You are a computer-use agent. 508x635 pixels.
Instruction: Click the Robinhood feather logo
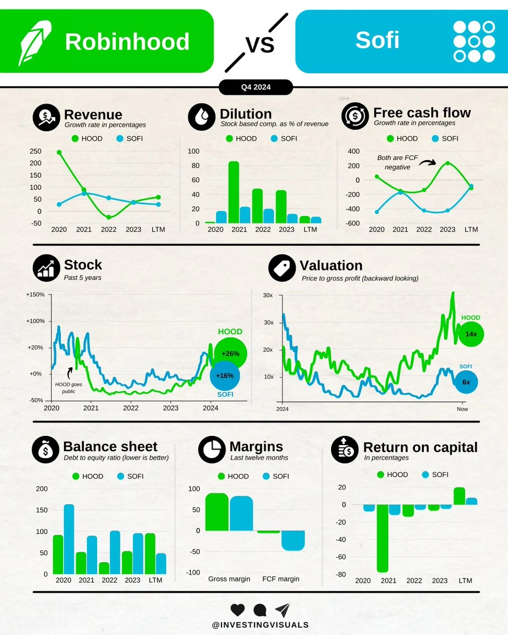(35, 42)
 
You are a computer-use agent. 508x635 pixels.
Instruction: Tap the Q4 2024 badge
(255, 87)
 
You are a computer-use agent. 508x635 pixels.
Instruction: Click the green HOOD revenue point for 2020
(59, 152)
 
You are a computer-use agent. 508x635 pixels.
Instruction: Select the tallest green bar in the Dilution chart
(234, 192)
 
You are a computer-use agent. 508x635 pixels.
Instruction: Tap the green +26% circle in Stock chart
(230, 353)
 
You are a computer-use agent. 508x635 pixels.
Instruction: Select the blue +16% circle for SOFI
(225, 375)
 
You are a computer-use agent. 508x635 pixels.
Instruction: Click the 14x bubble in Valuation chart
(471, 334)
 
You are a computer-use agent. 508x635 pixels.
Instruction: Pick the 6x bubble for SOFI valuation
(466, 382)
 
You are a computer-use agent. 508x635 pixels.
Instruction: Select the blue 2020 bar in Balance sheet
(69, 539)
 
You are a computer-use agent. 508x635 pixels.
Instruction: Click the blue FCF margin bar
(293, 540)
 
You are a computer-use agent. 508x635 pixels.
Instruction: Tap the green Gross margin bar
(217, 512)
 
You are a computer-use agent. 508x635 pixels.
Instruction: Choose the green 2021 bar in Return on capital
(382, 538)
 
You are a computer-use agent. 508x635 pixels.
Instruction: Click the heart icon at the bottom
(238, 610)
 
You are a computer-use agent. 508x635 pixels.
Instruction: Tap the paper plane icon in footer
(282, 610)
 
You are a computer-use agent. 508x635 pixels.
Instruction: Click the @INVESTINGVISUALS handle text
(260, 625)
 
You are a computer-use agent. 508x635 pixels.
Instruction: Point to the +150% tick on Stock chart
(35, 294)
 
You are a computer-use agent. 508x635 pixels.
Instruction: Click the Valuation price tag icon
(282, 268)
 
